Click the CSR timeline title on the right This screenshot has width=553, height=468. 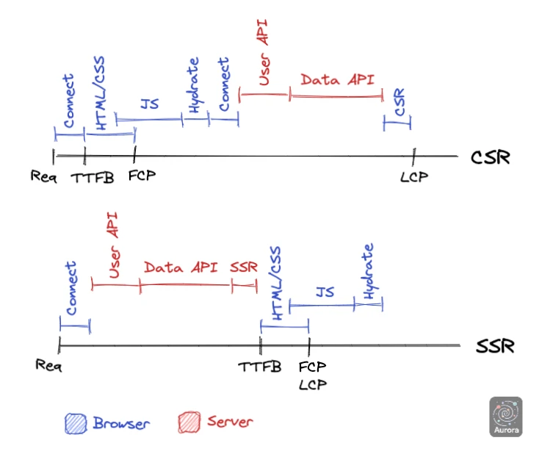pyautogui.click(x=490, y=157)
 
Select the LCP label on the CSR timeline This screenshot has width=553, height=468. pyautogui.click(x=413, y=176)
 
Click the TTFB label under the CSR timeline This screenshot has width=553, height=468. pyautogui.click(x=93, y=177)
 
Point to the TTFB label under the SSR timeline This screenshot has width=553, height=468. pyautogui.click(x=260, y=366)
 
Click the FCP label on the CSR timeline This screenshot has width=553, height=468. pyautogui.click(x=142, y=176)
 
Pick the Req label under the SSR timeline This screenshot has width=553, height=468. pyautogui.click(x=48, y=365)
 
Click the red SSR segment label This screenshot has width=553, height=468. pyautogui.click(x=244, y=267)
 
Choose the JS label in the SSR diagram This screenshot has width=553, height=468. pyautogui.click(x=325, y=292)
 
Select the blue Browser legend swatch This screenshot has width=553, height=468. pyautogui.click(x=75, y=423)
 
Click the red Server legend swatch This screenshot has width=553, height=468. pyautogui.click(x=188, y=423)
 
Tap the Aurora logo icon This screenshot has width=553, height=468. pyautogui.click(x=505, y=417)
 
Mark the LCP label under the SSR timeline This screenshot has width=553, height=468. pyautogui.click(x=313, y=384)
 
